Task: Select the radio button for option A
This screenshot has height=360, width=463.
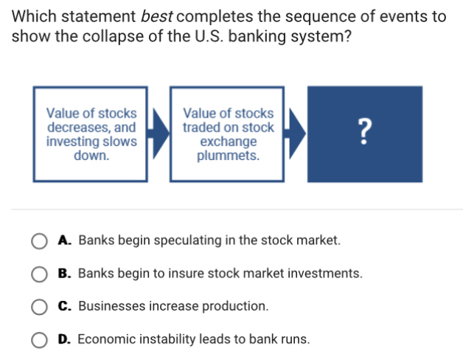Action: coord(38,240)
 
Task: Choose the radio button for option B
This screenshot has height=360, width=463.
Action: coord(38,274)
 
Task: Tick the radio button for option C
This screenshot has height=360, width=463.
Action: coord(38,306)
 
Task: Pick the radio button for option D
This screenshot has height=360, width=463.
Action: coord(38,339)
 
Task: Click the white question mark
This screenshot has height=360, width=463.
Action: coord(364,133)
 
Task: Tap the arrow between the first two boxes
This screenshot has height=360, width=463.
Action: coord(158,134)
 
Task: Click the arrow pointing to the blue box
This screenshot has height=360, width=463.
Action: coord(295,134)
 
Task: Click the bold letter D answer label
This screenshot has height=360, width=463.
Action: coord(63,339)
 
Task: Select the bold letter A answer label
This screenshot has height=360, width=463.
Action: coord(63,240)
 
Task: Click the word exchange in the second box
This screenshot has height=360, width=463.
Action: coord(229,141)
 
